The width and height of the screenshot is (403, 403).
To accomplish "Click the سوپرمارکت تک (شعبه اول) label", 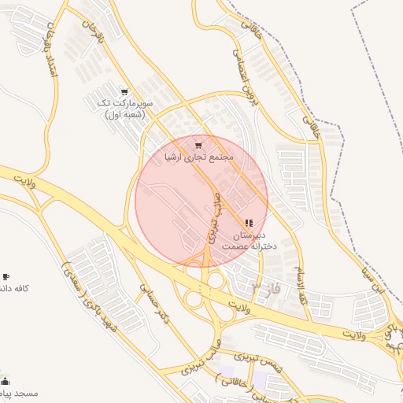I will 125,109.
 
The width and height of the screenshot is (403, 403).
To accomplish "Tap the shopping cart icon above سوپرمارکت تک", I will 124,91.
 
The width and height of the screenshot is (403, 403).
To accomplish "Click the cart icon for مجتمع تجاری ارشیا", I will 198,144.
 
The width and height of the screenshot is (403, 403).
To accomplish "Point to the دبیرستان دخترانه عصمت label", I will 250,241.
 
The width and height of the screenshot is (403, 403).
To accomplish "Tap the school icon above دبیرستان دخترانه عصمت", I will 250,224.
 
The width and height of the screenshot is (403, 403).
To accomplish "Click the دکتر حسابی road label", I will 153,303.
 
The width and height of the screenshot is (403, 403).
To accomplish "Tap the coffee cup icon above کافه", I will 6,277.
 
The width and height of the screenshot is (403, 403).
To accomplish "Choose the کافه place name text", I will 16,289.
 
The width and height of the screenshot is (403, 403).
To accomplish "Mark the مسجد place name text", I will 19,392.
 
